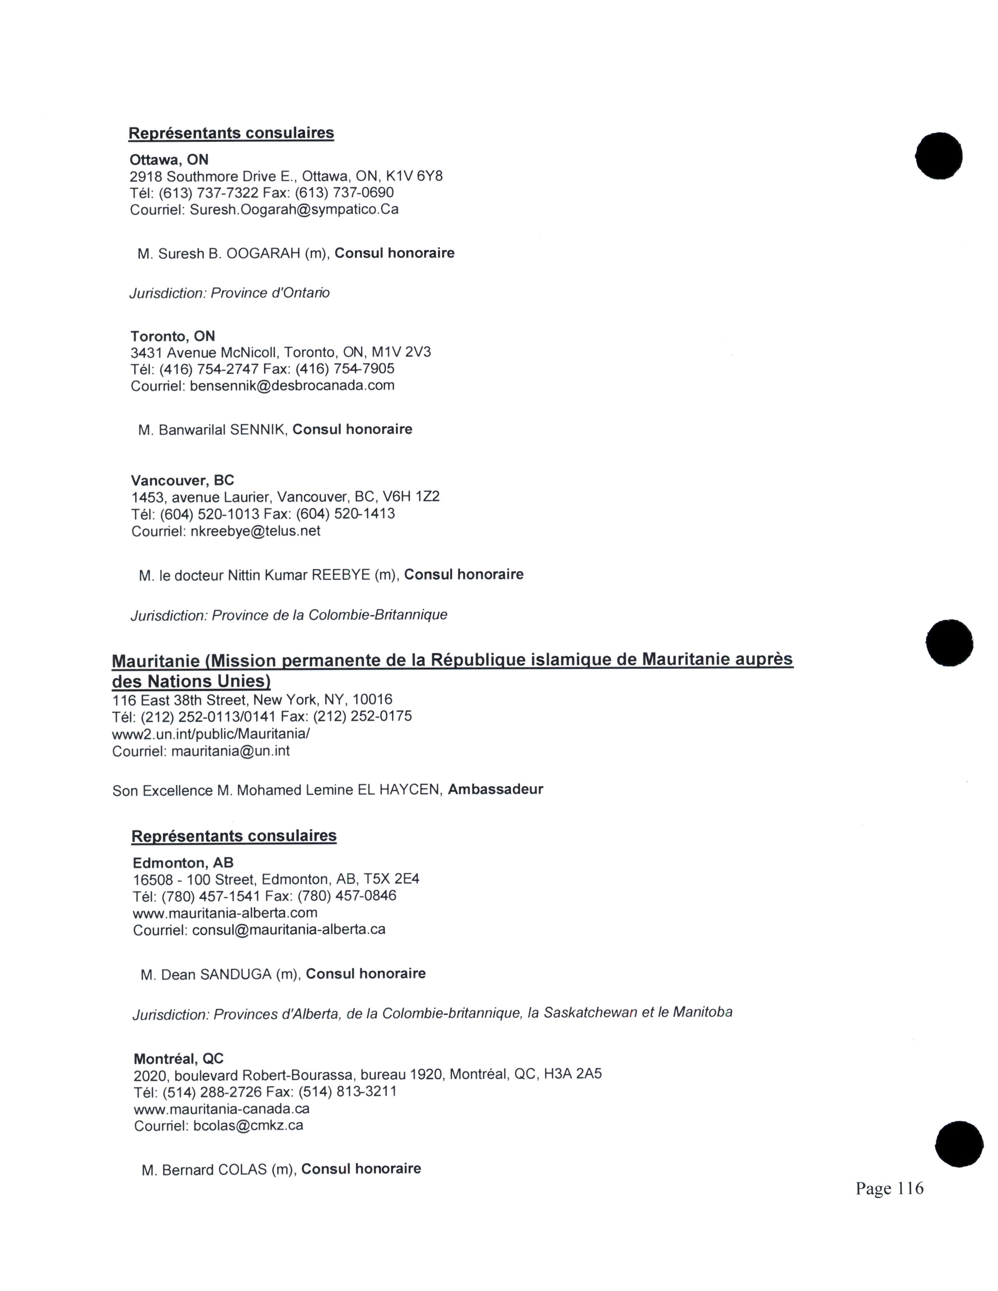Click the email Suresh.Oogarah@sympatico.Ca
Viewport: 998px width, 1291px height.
pyautogui.click(x=294, y=209)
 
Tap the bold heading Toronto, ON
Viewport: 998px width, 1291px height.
pyautogui.click(x=173, y=336)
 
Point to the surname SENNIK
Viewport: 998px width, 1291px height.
pyautogui.click(x=257, y=430)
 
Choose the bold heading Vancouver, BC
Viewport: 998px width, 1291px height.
pyautogui.click(x=183, y=480)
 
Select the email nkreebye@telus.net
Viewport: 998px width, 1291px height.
pyautogui.click(x=256, y=531)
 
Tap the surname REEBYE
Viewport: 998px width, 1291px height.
pyautogui.click(x=340, y=575)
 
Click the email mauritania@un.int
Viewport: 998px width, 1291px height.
pyautogui.click(x=231, y=751)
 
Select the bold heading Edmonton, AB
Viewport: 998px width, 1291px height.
pyautogui.click(x=183, y=863)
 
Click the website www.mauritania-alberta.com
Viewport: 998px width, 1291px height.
pyautogui.click(x=225, y=913)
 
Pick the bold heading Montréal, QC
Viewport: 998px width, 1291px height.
pyautogui.click(x=178, y=1059)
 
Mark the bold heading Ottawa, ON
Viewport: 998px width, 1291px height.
pyautogui.click(x=169, y=160)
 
